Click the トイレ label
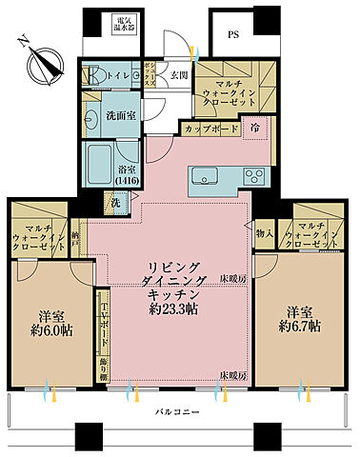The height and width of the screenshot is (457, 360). [x=120, y=74]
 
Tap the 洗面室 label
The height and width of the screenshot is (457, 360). [x=119, y=118]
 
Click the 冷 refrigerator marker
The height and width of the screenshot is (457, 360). [x=255, y=126]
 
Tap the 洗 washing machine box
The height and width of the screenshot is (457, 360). [x=113, y=202]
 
